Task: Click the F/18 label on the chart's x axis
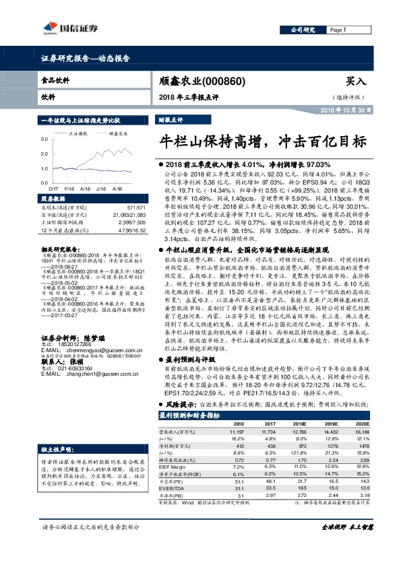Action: click(69, 190)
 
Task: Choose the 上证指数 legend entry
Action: click(81, 134)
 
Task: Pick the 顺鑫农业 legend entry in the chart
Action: click(117, 134)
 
